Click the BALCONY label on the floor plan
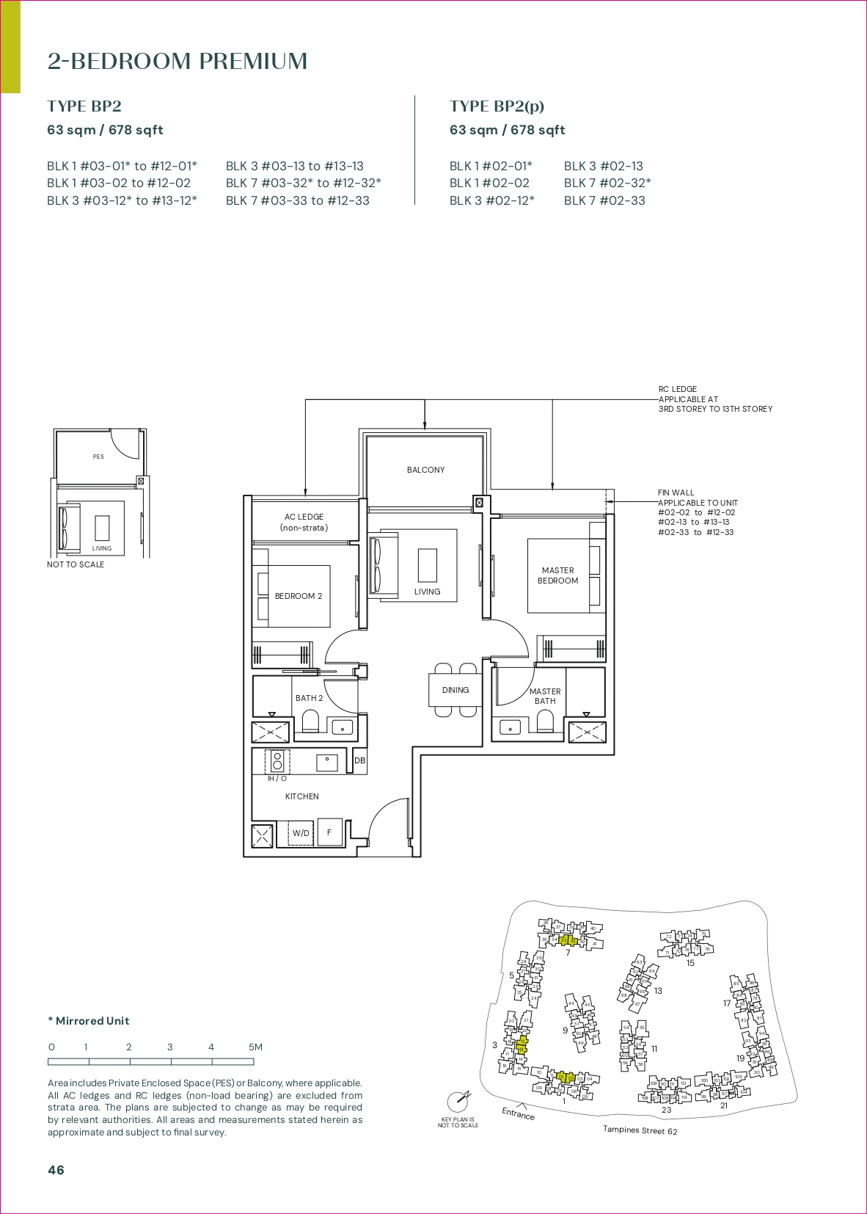(x=425, y=470)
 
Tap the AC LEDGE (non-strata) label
(x=304, y=522)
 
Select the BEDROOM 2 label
(x=298, y=596)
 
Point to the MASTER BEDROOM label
(x=557, y=575)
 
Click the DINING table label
(x=455, y=690)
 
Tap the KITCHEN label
(x=301, y=796)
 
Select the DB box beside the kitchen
(x=359, y=760)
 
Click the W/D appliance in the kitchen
(x=301, y=833)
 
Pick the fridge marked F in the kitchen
(x=329, y=832)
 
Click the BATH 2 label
(x=309, y=698)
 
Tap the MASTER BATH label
(x=545, y=696)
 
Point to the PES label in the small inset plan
(x=98, y=457)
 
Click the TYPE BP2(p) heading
(x=497, y=106)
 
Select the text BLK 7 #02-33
(x=604, y=200)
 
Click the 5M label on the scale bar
(x=255, y=1047)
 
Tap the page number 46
(x=56, y=1170)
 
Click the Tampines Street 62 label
(x=640, y=1130)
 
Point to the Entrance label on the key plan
(x=518, y=1113)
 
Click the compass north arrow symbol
(x=459, y=1101)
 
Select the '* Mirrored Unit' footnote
(x=89, y=1021)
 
